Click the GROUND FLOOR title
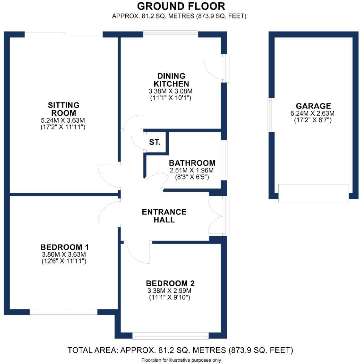181,6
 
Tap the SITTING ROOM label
64,109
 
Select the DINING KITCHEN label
171,80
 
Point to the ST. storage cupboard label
155,142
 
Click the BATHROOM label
192,163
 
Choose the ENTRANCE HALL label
164,216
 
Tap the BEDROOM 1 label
65,247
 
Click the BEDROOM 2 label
170,283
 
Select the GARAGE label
313,106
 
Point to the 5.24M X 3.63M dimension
64,120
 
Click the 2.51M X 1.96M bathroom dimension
192,170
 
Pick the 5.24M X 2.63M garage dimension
313,114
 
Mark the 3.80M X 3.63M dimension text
65,254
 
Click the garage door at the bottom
313,193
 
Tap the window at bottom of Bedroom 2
170,336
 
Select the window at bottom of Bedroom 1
63,312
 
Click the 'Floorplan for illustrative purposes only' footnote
181,360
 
